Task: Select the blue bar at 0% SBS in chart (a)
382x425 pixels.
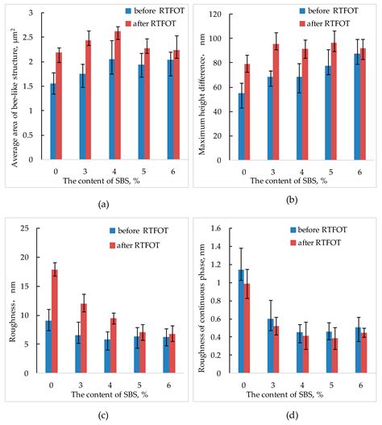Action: click(x=53, y=121)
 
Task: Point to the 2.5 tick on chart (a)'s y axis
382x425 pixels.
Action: click(x=31, y=38)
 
